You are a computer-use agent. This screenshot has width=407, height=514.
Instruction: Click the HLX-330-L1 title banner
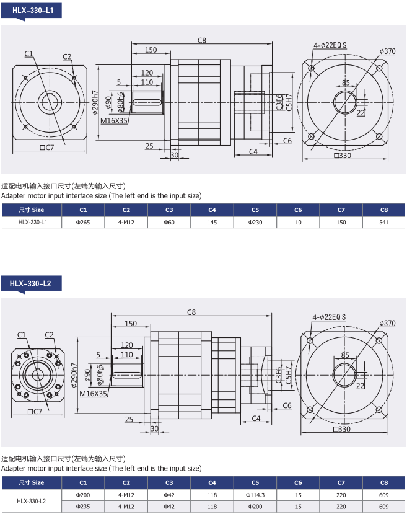32,11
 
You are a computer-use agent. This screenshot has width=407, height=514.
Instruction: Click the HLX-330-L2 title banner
32,283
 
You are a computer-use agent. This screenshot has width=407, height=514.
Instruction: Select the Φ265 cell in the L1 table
83,222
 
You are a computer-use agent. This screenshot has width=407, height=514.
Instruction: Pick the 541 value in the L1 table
383,222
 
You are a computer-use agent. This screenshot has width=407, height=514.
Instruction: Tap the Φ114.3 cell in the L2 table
255,495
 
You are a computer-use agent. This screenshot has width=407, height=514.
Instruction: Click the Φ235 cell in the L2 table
83,507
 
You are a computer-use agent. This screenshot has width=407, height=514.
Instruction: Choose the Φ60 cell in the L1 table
169,222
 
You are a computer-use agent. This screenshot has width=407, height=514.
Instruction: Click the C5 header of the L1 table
255,210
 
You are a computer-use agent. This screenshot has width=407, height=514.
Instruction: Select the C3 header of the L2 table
169,482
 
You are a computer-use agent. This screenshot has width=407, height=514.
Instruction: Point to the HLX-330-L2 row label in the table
32,501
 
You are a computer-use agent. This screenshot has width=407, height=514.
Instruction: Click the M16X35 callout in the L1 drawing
113,121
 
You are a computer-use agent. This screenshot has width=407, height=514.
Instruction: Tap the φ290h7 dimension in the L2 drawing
75,375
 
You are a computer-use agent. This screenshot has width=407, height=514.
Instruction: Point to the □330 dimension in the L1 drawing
343,156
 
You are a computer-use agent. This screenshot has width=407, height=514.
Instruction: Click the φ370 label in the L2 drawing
387,323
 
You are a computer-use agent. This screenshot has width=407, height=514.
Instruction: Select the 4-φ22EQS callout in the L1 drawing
330,45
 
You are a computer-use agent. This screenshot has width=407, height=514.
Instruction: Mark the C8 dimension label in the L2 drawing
191,312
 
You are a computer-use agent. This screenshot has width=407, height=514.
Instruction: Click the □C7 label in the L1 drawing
46,148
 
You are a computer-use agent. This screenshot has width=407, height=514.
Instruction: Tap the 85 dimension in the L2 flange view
345,355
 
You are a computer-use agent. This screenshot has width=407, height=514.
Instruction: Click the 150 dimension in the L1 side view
151,50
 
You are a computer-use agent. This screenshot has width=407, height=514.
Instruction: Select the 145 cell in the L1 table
212,222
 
